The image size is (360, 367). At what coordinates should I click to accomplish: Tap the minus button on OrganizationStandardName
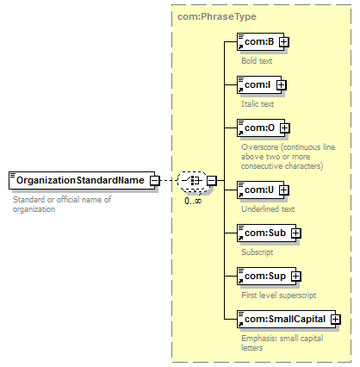point(154,181)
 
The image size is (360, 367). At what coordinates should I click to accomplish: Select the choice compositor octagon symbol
point(192,181)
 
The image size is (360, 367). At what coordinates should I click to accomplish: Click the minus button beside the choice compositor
point(212,181)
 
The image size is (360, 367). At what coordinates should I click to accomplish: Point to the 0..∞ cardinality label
point(193,201)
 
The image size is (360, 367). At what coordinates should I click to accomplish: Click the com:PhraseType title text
point(217,16)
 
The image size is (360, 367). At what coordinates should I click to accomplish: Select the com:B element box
point(260,42)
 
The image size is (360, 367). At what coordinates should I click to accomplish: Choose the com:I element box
point(259,85)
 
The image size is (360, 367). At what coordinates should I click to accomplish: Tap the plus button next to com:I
point(282,85)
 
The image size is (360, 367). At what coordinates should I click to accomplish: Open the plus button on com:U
point(283,190)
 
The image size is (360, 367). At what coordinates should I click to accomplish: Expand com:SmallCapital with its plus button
point(335,319)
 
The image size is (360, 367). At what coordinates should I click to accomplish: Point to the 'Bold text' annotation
point(257,61)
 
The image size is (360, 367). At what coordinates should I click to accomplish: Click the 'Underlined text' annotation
point(268,209)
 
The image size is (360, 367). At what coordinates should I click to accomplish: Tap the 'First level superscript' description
point(279,295)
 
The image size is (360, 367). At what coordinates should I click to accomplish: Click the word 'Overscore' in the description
point(260,147)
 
